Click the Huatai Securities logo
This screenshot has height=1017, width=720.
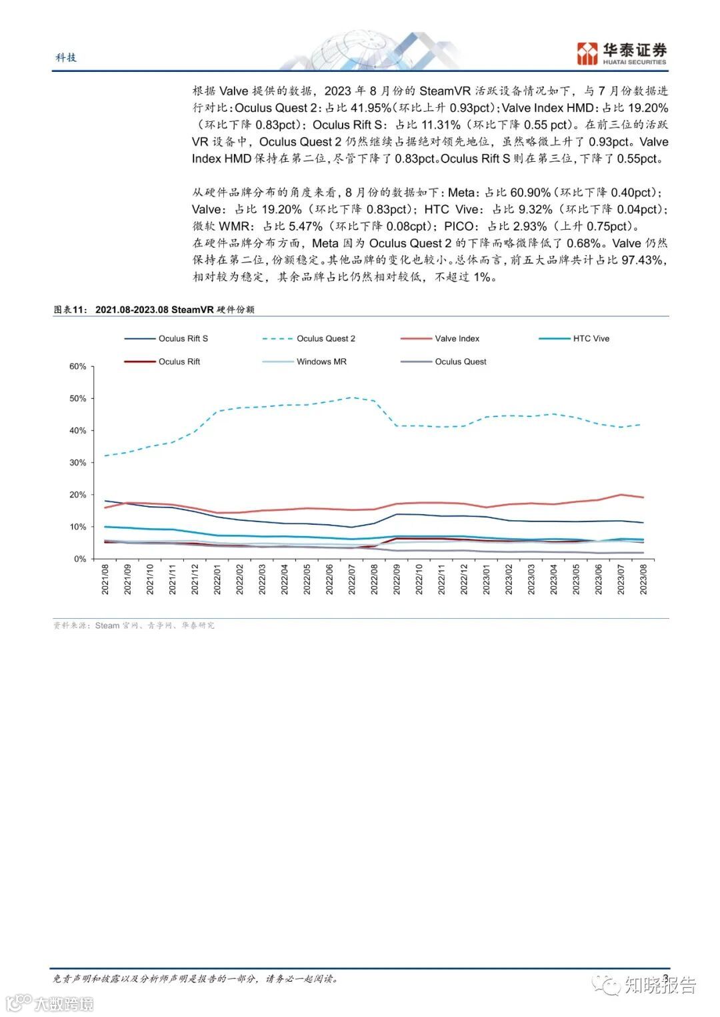tap(621, 53)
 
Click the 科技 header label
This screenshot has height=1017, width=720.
tap(66, 57)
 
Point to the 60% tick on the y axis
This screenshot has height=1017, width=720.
tap(78, 366)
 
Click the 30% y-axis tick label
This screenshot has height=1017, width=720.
tap(78, 463)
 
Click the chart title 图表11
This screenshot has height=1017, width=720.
tap(70, 310)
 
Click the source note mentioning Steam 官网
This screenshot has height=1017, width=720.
tap(134, 625)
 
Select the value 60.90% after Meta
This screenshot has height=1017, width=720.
tap(530, 192)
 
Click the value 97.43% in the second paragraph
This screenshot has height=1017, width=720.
tap(643, 260)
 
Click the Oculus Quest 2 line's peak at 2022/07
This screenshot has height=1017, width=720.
tap(352, 398)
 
